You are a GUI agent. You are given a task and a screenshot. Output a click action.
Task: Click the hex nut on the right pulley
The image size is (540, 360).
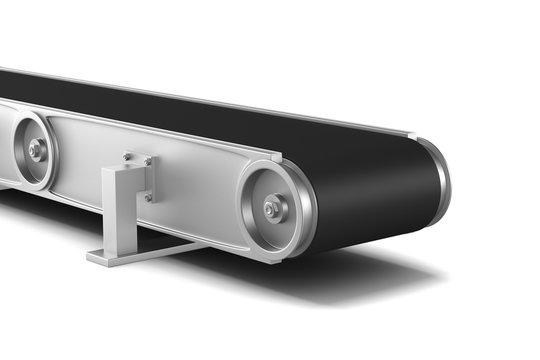[x=271, y=210]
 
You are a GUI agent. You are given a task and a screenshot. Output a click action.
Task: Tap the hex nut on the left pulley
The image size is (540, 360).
[x=36, y=150]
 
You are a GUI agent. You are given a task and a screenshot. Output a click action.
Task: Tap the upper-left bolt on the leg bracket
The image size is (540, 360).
[x=126, y=156]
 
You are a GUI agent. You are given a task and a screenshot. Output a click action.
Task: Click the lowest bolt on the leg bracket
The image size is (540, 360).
[x=146, y=197]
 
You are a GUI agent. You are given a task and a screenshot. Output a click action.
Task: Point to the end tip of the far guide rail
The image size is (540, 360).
[x=411, y=133]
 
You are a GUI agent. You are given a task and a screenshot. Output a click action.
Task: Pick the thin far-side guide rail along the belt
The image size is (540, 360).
[x=250, y=103]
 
